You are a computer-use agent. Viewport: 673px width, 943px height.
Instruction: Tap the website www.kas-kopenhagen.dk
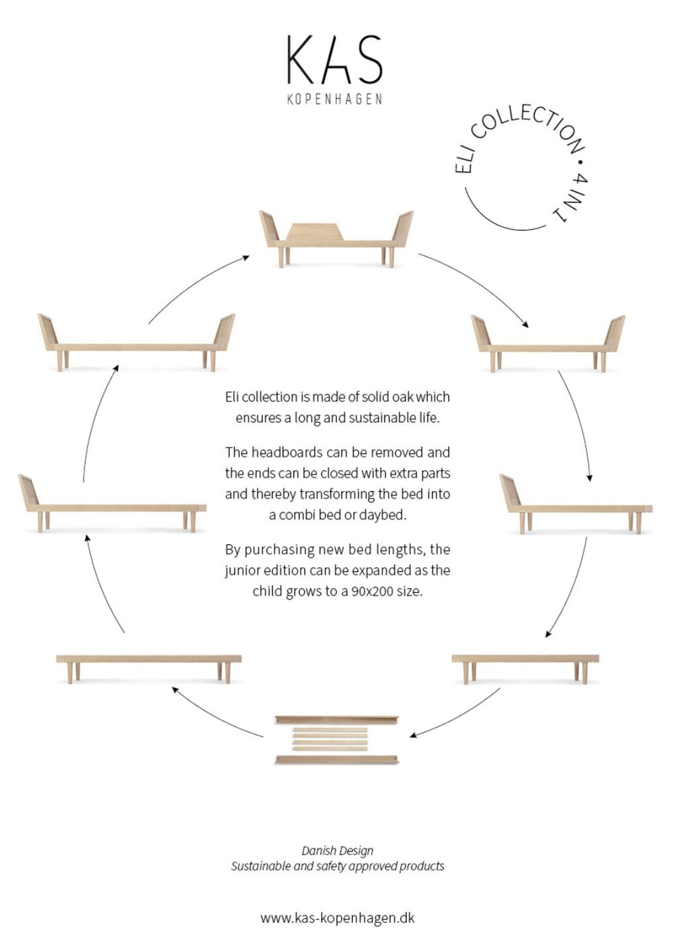337,918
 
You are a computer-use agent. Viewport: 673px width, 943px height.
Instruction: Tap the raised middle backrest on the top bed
316,232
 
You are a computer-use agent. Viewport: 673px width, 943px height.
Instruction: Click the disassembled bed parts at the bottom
336,739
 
